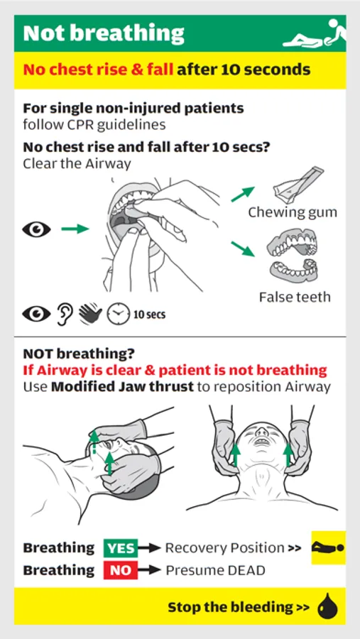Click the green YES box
pyautogui.click(x=121, y=548)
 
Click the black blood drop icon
pyautogui.click(x=328, y=606)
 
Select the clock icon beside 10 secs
pyautogui.click(x=117, y=315)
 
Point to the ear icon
pyautogui.click(x=65, y=315)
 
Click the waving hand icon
pyautogui.click(x=90, y=315)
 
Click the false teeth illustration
pyautogui.click(x=293, y=255)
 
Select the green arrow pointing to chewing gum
pyautogui.click(x=243, y=194)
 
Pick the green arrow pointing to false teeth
pyautogui.click(x=243, y=248)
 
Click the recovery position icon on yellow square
pyautogui.click(x=328, y=547)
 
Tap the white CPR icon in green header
pyautogui.click(x=315, y=34)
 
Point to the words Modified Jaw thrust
pyautogui.click(x=122, y=387)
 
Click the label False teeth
pyautogui.click(x=295, y=297)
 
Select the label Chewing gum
pyautogui.click(x=293, y=212)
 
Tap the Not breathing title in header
pyautogui.click(x=104, y=33)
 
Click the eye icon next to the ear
pyautogui.click(x=37, y=314)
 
